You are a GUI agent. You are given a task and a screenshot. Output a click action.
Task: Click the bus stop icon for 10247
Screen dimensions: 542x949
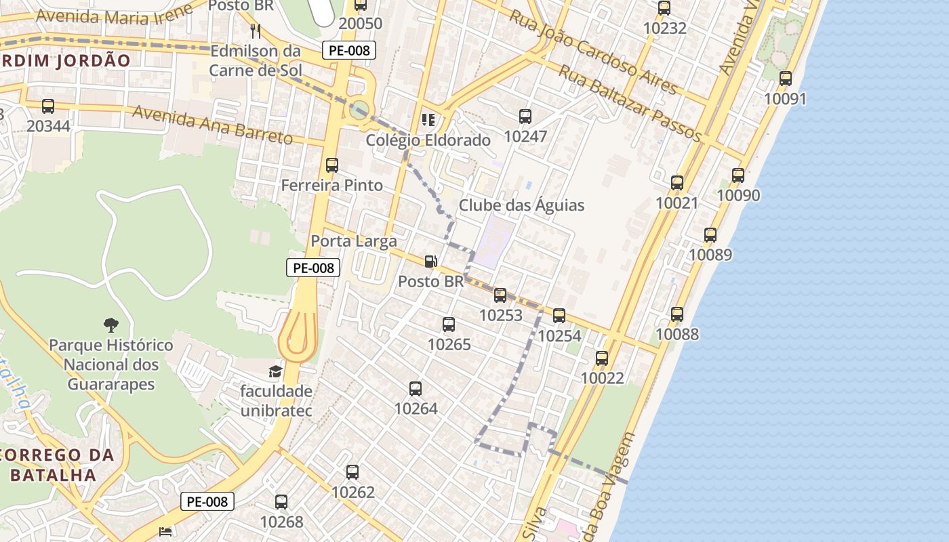(525, 117)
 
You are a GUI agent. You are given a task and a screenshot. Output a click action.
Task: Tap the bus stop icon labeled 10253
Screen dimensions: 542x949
(500, 295)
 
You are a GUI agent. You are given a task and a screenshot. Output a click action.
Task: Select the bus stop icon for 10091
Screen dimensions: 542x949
(786, 79)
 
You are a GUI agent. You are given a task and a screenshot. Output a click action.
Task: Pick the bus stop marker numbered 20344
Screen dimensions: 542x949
(48, 106)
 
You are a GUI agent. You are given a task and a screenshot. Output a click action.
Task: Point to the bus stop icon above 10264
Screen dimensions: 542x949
(416, 389)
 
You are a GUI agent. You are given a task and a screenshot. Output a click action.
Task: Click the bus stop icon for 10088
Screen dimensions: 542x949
(677, 314)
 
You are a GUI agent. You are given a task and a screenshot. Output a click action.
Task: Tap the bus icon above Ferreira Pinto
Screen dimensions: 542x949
(332, 165)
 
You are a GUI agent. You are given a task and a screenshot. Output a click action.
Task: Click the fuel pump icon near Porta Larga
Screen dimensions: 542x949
(430, 262)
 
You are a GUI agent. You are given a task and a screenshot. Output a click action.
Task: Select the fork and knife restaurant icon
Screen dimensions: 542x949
(256, 30)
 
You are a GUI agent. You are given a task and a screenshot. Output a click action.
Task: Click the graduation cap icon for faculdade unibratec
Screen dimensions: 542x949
(275, 371)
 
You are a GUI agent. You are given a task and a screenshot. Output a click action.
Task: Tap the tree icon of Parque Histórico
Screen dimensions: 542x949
(110, 325)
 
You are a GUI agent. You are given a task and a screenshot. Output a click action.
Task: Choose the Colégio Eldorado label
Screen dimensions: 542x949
(428, 140)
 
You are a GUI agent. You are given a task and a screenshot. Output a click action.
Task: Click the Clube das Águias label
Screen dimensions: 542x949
(521, 205)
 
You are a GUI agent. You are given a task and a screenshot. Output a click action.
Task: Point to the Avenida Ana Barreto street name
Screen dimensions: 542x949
(212, 125)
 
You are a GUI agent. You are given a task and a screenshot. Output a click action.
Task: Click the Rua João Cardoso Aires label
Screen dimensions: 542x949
(592, 53)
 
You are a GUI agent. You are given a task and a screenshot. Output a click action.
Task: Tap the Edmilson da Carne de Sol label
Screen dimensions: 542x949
(255, 60)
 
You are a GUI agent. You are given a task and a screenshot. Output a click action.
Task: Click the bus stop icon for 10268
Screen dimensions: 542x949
(281, 502)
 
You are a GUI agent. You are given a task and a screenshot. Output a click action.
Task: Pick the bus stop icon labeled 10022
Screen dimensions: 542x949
(602, 358)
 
